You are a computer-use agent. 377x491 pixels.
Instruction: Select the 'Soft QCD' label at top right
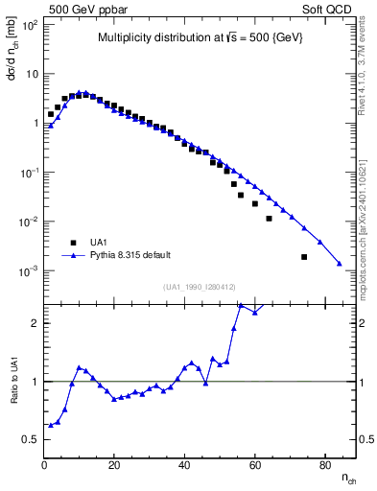tap(328, 8)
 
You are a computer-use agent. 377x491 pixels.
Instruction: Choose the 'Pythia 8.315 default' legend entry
tap(130, 255)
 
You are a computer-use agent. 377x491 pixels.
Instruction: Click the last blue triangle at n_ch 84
tap(340, 264)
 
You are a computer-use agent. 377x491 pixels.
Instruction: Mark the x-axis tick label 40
tap(184, 466)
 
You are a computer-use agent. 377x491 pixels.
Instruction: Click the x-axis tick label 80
tap(324, 466)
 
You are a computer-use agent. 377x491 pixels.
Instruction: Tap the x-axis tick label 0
tap(44, 466)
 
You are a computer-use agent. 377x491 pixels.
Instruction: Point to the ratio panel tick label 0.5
tap(32, 439)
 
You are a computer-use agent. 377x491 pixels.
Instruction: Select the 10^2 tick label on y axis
tap(30, 25)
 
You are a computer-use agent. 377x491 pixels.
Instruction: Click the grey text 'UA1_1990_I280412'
tap(200, 287)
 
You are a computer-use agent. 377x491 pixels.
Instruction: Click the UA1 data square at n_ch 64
tap(269, 219)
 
